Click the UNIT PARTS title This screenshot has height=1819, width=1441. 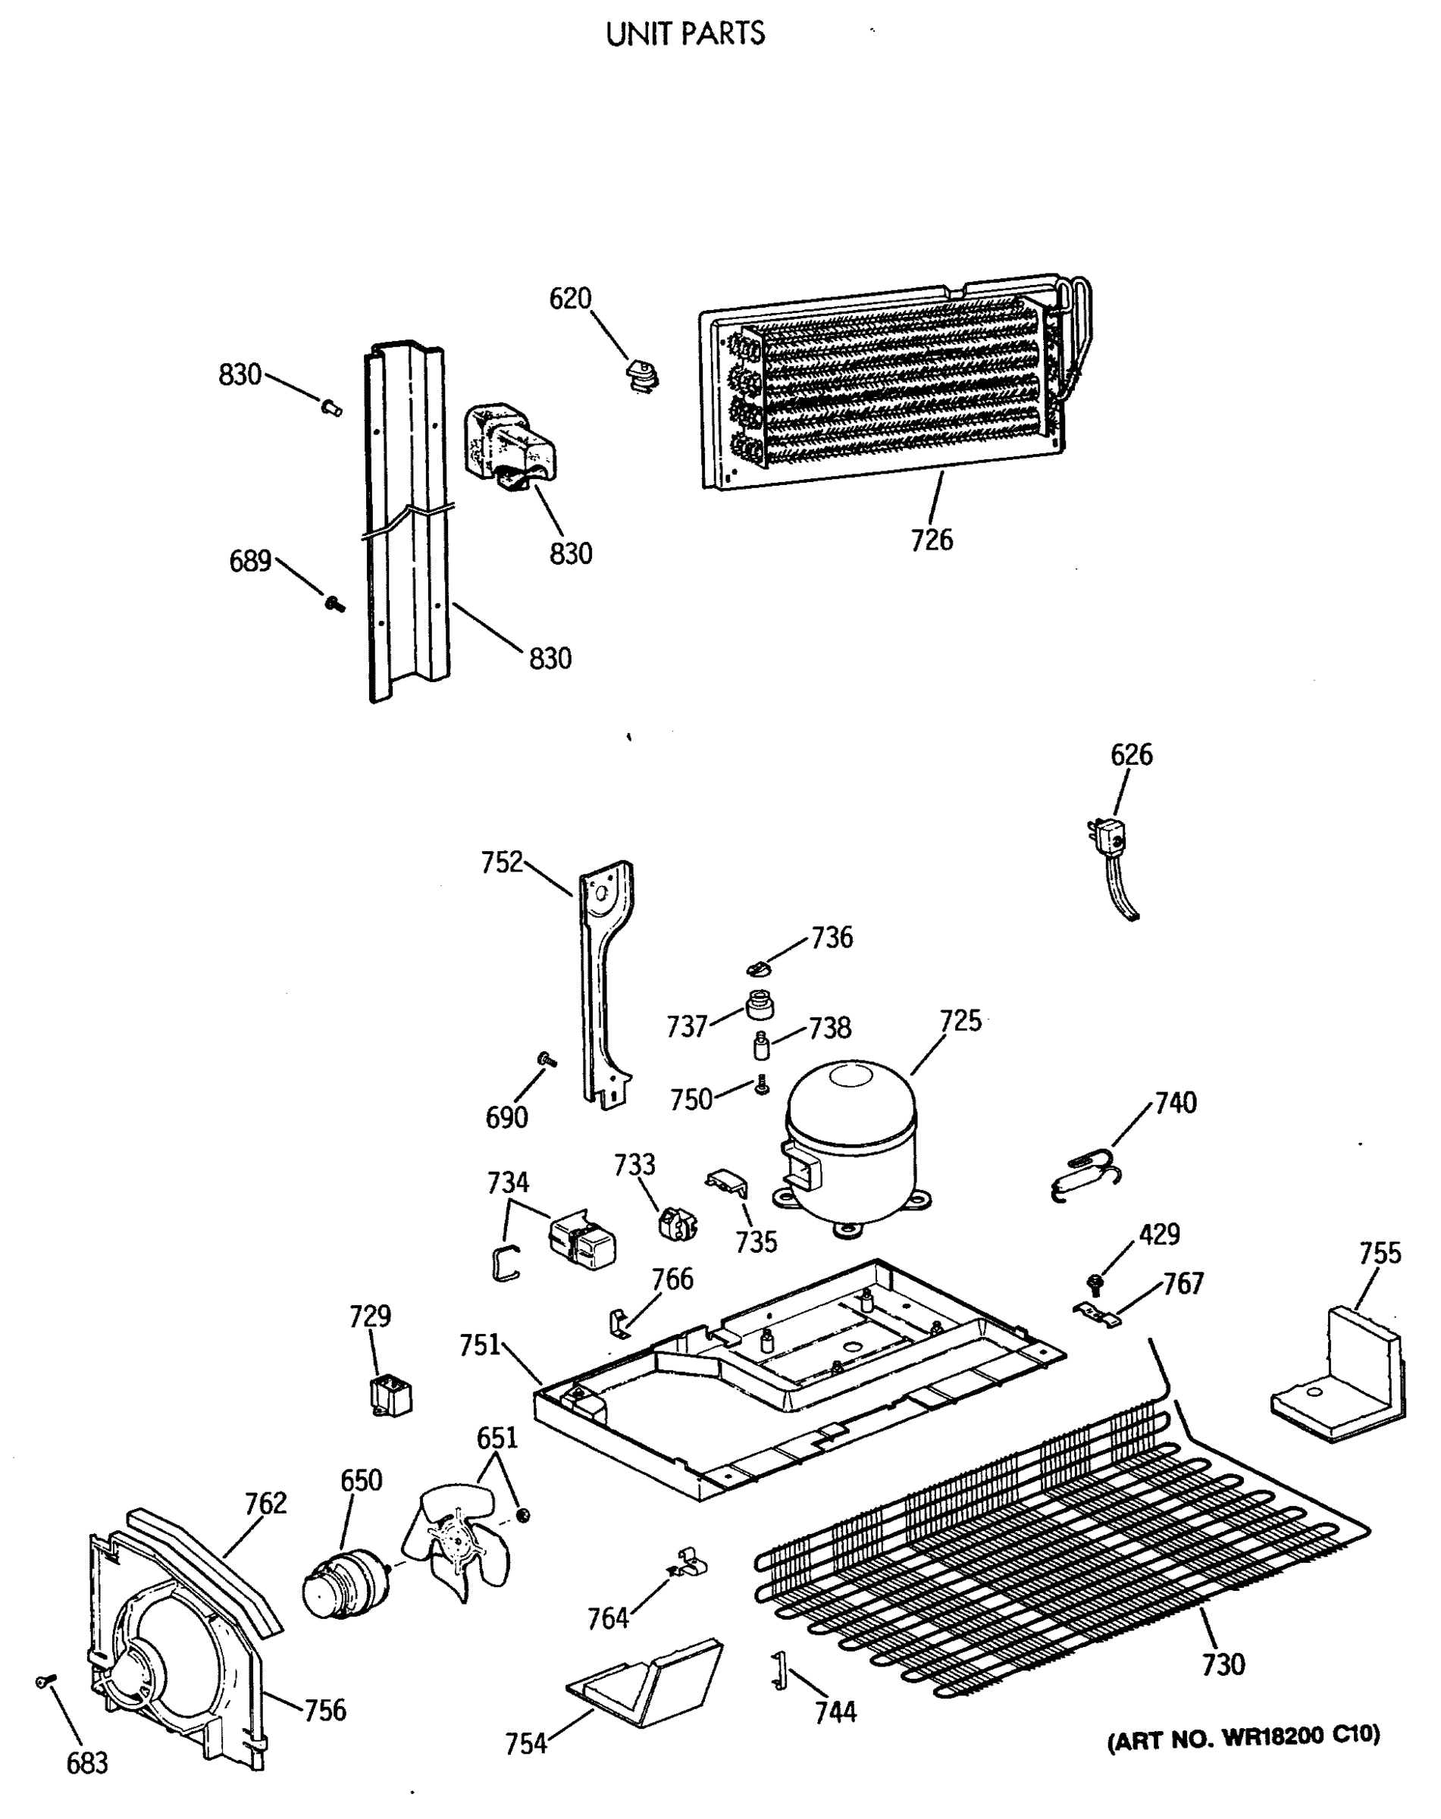(685, 35)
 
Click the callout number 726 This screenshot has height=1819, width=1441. (932, 540)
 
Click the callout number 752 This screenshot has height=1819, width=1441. (502, 863)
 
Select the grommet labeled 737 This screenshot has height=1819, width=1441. (760, 1004)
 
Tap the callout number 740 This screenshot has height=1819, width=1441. (1175, 1102)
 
